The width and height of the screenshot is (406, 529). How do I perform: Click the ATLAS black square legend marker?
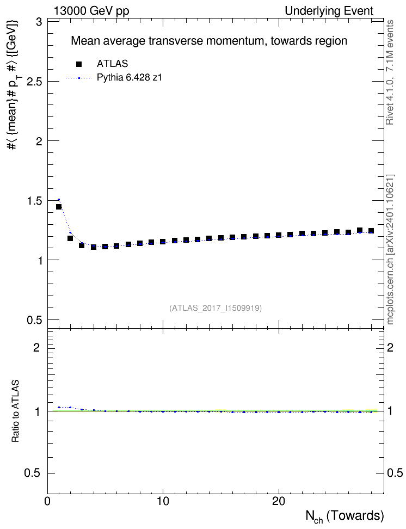(x=79, y=64)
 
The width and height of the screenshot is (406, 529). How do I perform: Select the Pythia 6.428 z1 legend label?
(x=130, y=78)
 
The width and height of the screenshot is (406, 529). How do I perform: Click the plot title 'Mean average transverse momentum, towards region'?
(x=209, y=41)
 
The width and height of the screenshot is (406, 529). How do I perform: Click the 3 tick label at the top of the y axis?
(x=40, y=22)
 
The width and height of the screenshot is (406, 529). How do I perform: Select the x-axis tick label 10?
(x=163, y=501)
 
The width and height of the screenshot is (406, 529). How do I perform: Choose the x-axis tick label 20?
(x=279, y=501)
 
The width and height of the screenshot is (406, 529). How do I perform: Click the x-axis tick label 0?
(x=47, y=501)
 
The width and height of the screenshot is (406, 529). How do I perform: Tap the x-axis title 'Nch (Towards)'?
(x=345, y=516)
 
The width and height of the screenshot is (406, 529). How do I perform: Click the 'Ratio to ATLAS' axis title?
(x=15, y=411)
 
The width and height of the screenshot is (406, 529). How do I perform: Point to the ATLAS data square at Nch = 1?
(x=59, y=207)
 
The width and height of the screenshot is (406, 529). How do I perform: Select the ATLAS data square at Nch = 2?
(x=70, y=238)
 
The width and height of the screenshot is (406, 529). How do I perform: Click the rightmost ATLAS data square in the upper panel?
(x=371, y=231)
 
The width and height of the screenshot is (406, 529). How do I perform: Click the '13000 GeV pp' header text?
(x=91, y=11)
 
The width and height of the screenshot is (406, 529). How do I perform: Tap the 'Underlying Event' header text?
(x=329, y=11)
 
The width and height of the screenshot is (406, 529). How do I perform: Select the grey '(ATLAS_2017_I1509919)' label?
(x=216, y=307)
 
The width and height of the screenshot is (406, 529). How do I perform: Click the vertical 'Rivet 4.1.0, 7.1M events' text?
(x=390, y=72)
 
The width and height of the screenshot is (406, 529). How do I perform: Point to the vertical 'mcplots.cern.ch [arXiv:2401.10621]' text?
(x=390, y=249)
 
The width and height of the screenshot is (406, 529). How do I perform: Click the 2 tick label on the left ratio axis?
(x=36, y=347)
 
